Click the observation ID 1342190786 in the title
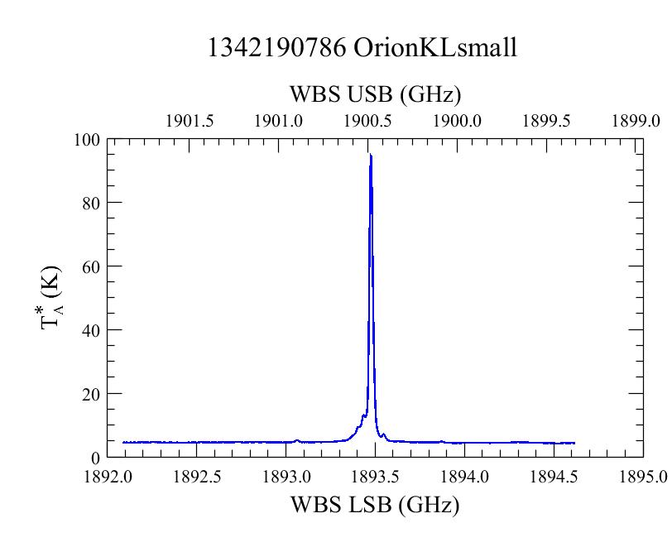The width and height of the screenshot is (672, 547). (x=276, y=47)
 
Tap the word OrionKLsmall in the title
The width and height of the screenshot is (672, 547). (x=435, y=47)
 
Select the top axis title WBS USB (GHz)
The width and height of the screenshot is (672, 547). (x=376, y=94)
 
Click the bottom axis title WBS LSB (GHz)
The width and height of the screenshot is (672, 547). (x=375, y=505)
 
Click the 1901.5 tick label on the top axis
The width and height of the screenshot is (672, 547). (x=190, y=122)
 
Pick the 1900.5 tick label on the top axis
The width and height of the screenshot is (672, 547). (x=367, y=122)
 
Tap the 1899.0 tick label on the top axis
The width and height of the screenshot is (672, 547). (x=636, y=122)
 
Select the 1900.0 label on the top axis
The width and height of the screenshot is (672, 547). (x=458, y=122)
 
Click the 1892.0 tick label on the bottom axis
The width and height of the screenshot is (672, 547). (x=108, y=477)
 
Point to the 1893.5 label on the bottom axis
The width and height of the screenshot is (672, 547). (x=376, y=477)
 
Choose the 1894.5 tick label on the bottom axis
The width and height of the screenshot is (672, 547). (x=554, y=477)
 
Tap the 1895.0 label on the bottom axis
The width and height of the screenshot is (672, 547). (x=643, y=477)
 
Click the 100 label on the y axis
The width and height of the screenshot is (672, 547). (x=87, y=140)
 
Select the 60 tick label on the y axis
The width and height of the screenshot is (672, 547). (x=91, y=267)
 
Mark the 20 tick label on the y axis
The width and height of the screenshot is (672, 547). (x=91, y=394)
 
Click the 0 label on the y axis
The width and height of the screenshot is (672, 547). (x=95, y=458)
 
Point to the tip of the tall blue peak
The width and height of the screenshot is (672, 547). (x=370, y=154)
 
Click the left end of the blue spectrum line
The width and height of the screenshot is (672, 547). (x=123, y=443)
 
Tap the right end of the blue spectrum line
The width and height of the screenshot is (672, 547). (x=574, y=443)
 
